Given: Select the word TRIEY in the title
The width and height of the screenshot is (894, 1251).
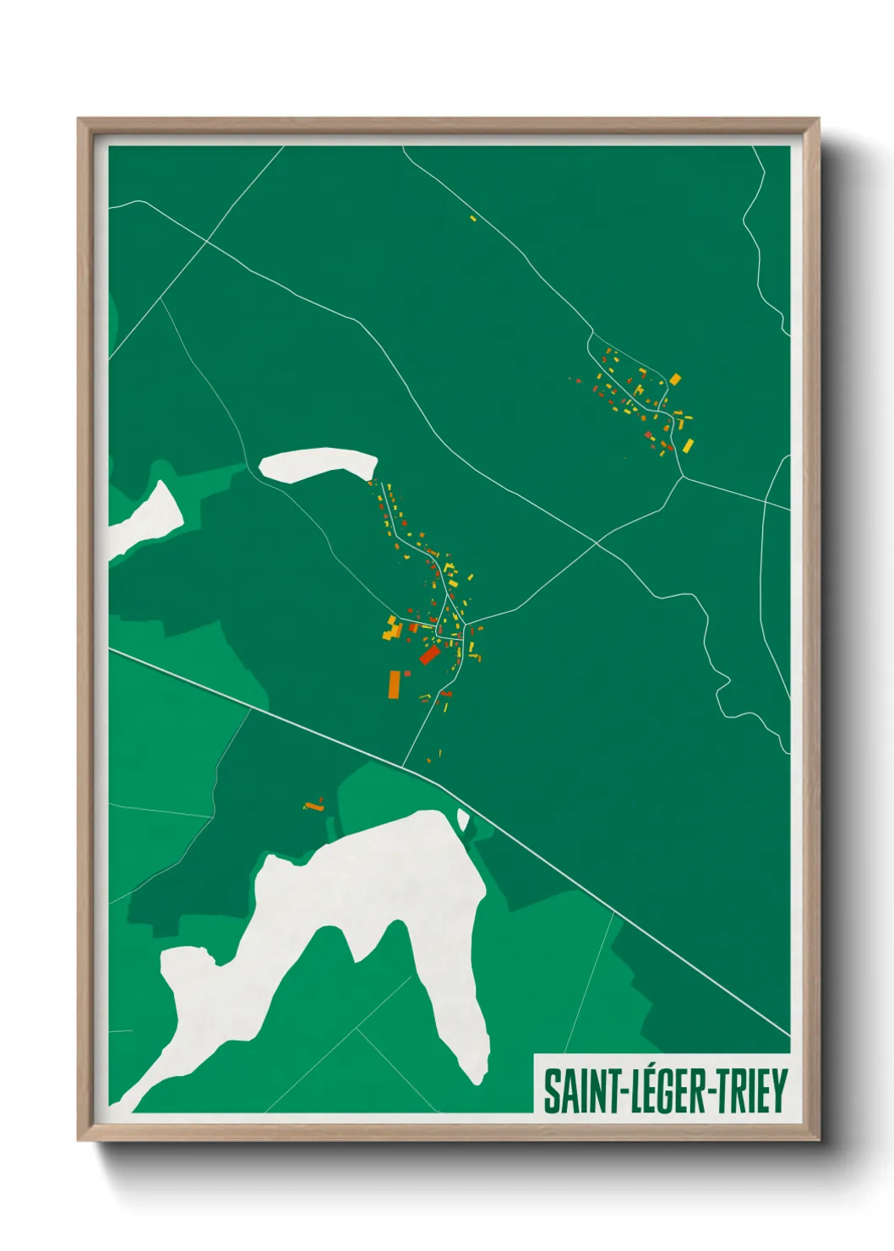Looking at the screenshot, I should tap(751, 1091).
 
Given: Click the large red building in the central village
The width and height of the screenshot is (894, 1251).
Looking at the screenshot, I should tap(429, 655).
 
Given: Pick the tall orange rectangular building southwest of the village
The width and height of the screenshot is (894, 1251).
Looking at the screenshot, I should tap(394, 683).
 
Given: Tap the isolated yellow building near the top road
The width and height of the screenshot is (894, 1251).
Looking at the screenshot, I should tap(473, 219).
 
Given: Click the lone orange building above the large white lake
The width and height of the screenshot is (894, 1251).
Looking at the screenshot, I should tap(314, 807).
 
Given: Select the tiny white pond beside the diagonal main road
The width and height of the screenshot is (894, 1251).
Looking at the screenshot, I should tap(462, 819).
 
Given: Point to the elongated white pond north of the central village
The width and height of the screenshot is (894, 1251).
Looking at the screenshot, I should tap(319, 464).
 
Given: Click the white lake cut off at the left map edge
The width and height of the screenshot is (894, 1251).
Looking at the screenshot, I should tap(148, 516).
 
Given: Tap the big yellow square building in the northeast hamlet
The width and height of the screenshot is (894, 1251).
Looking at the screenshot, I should tap(674, 380).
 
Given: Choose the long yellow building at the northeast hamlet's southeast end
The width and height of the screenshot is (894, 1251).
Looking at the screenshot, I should tap(688, 445).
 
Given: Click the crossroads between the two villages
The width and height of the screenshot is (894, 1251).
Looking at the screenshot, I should tap(597, 542).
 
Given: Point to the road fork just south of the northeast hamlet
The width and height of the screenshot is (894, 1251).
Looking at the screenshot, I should tap(683, 477).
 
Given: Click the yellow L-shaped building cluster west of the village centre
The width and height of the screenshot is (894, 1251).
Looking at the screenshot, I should tap(392, 627).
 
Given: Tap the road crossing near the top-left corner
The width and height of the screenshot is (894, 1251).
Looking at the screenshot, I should tap(206, 242).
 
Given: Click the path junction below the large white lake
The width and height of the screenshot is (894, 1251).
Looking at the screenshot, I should tap(357, 1029).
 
